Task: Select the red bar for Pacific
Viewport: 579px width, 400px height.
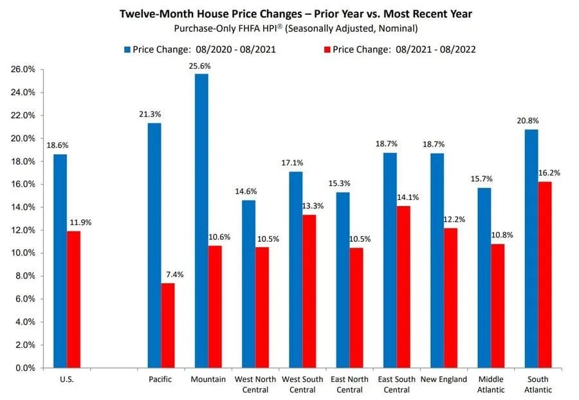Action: click(167, 325)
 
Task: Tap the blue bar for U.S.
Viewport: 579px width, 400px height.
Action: click(60, 260)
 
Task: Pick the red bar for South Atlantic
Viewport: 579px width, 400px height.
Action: click(545, 275)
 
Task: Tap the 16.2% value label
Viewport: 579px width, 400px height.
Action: click(547, 173)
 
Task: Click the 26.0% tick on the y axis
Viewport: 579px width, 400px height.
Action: click(23, 69)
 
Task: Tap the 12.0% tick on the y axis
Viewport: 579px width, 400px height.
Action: click(23, 230)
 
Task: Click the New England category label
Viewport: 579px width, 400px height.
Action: click(444, 379)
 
